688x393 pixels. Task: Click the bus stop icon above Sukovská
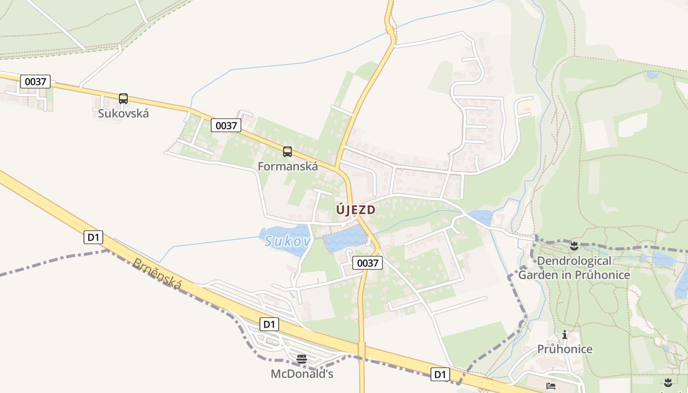point(123,98)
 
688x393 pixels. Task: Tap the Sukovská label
point(123,113)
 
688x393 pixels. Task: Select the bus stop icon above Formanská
point(287,151)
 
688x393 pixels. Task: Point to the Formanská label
point(287,167)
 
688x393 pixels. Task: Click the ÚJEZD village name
point(356,210)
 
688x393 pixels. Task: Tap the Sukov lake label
point(287,241)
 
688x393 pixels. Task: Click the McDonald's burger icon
point(302,359)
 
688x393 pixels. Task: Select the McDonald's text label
point(302,374)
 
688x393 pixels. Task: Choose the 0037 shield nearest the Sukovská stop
point(35,82)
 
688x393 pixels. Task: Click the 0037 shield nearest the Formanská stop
point(227,125)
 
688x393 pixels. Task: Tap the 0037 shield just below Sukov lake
point(368,263)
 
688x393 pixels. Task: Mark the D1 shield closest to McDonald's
point(269,324)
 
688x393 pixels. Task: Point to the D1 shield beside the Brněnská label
point(93,238)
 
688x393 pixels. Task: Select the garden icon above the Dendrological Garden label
point(574,245)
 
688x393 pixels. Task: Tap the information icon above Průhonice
point(565,335)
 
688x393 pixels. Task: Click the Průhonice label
point(565,349)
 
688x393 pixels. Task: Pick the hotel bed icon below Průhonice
point(551,386)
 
